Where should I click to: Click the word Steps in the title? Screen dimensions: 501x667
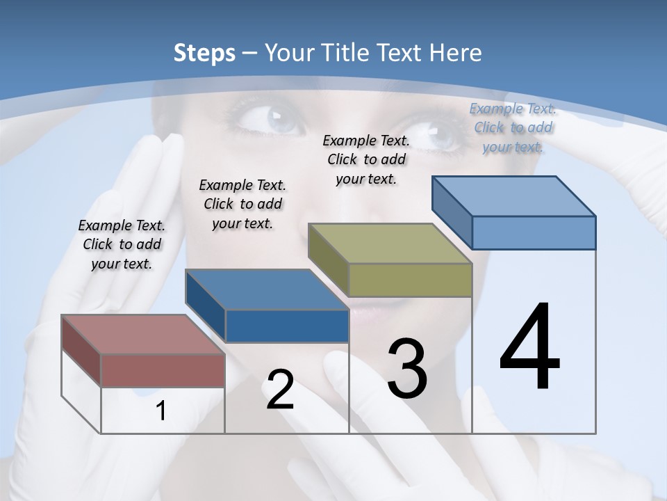point(204,53)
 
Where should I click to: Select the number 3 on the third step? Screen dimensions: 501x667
point(406,369)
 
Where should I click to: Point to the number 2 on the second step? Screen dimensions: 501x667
point(280,390)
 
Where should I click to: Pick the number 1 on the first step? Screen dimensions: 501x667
point(160,411)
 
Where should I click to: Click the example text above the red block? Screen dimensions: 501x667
point(122,244)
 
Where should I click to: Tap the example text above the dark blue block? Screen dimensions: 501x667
point(242,204)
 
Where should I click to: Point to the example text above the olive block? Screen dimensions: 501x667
point(366,159)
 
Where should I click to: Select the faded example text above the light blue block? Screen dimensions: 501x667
point(513,127)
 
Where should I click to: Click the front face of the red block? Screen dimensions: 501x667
point(163,370)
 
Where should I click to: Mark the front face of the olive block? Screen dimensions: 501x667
point(410,280)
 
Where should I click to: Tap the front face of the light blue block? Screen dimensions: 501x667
point(534,232)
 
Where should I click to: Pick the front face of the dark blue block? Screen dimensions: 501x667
point(286,326)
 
